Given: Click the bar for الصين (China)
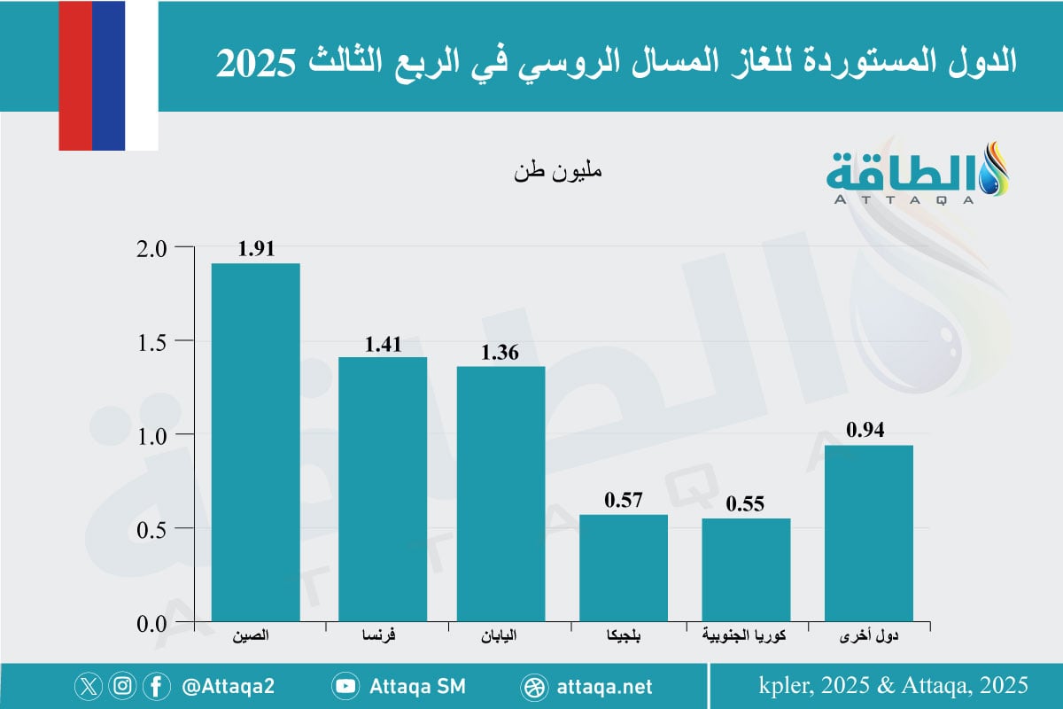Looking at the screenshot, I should (x=255, y=443).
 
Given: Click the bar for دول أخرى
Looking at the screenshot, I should (x=868, y=533).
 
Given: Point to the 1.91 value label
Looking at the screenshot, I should (x=256, y=249).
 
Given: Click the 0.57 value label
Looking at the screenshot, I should (x=624, y=501).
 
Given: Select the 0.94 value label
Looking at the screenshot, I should (x=867, y=431).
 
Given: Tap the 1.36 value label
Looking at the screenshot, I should (x=500, y=352).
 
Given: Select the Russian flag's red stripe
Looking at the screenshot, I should (x=74, y=75).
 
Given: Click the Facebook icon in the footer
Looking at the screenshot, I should (x=156, y=686).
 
